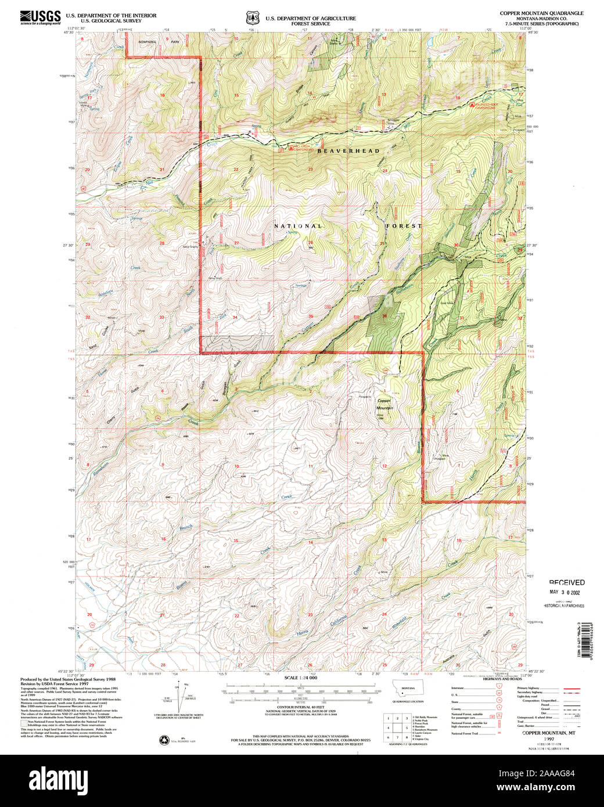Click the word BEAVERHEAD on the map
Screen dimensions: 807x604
348,151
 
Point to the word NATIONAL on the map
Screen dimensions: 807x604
297,226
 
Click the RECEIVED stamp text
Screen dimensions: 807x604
567,582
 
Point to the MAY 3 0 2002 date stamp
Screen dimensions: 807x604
566,593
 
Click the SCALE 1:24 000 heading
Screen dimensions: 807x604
301,678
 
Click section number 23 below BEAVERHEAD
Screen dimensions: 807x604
311,170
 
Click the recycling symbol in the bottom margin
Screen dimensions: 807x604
163,740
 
